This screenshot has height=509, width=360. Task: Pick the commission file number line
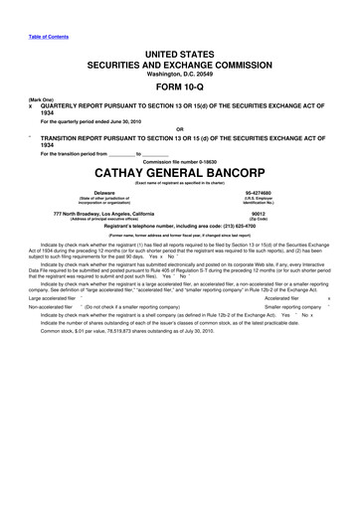[180, 158]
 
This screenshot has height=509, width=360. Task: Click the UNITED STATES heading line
[180, 50]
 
